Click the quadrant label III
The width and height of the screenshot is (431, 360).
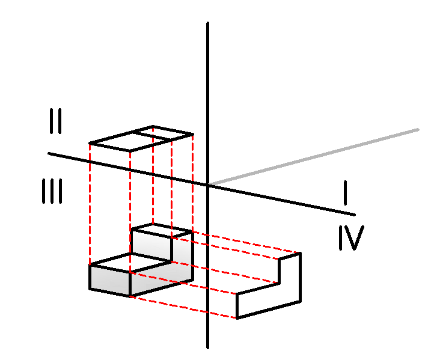[x=52, y=193]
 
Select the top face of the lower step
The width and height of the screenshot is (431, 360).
[x=129, y=263]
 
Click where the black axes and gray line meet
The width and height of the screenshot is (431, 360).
[x=208, y=184]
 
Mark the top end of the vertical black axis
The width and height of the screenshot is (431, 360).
[x=207, y=24]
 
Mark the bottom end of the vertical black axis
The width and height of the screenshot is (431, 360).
[x=207, y=346]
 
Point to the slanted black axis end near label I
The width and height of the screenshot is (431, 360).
[x=354, y=215]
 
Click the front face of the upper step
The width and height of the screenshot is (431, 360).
[x=150, y=243]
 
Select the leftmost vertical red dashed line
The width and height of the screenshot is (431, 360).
[x=90, y=204]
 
